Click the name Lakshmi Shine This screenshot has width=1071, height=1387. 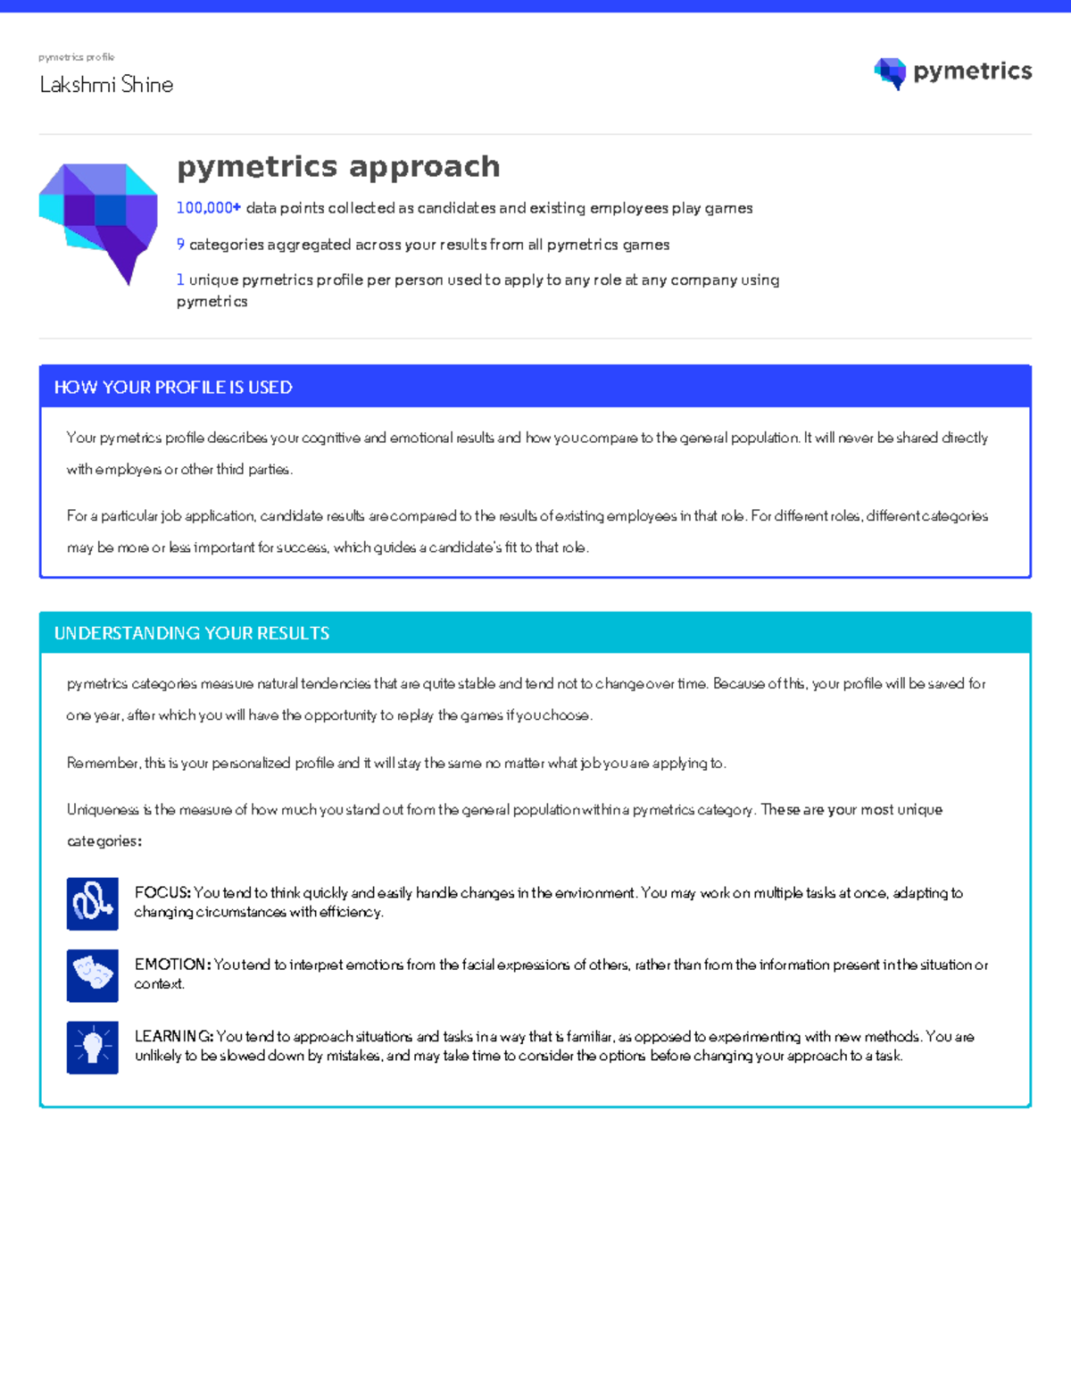coord(106,85)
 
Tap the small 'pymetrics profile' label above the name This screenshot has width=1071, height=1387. coord(76,57)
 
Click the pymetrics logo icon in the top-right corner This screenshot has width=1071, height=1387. coord(890,73)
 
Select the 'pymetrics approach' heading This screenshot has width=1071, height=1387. coord(338,166)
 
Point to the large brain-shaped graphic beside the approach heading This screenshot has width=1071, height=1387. coord(98,221)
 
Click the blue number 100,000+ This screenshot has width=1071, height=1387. coord(208,208)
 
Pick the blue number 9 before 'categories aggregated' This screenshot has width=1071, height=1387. coord(180,245)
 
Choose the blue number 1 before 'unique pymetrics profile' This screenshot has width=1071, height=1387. coord(180,280)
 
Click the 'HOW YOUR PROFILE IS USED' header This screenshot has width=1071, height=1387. coord(173,388)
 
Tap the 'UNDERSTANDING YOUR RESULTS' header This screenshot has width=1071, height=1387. coord(192,633)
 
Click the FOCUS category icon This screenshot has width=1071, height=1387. coord(93,903)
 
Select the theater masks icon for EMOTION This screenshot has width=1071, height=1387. coord(93,974)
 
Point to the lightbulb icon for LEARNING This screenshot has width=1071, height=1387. coord(93,1047)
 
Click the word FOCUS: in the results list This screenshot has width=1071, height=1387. coord(162,893)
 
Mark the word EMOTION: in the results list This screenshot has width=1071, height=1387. coord(172,965)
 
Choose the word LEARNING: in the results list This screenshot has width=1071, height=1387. coord(174,1037)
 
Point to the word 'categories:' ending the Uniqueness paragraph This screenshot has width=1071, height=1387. coord(104,841)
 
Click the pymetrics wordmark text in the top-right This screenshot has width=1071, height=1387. coord(972,71)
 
